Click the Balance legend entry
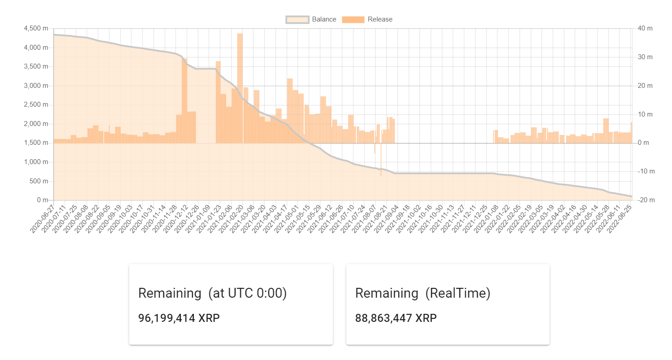311,19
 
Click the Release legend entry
367,19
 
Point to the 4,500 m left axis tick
38,28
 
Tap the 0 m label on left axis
43,200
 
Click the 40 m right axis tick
645,28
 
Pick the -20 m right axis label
645,200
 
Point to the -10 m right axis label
645,171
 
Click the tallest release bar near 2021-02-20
240,85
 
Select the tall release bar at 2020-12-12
184,99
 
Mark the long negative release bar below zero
381,161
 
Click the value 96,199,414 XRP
179,318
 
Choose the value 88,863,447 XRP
396,318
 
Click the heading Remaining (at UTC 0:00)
212,293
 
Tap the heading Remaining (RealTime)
423,293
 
